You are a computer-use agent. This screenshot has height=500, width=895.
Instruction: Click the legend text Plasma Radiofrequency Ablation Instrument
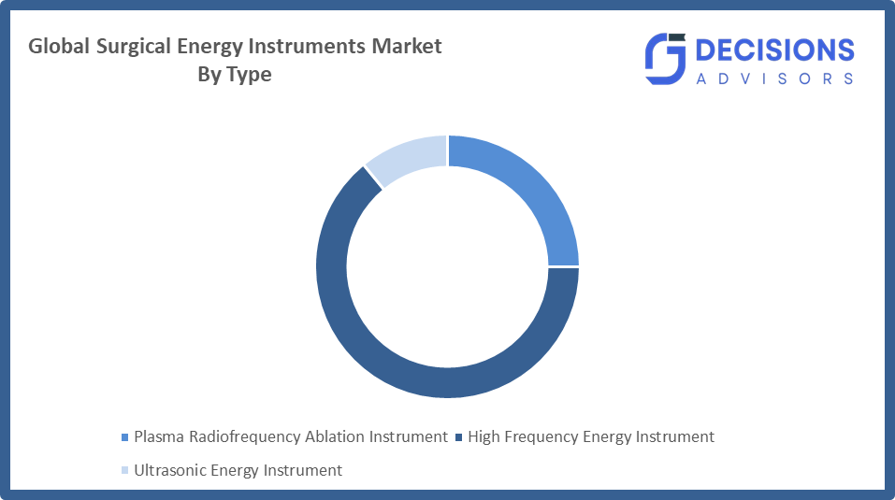click(x=291, y=436)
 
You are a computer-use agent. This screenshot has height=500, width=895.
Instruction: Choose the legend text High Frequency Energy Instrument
click(x=591, y=436)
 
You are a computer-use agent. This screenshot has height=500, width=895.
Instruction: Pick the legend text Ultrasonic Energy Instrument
click(x=238, y=470)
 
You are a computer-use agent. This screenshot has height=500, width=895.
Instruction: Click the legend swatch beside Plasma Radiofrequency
click(x=125, y=437)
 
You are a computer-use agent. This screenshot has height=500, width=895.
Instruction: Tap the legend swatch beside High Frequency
click(x=458, y=437)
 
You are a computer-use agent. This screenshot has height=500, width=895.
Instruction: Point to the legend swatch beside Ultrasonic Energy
click(x=125, y=471)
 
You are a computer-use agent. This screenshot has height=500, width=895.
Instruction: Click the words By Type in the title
click(x=234, y=75)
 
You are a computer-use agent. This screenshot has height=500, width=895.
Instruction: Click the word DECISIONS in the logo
click(x=775, y=50)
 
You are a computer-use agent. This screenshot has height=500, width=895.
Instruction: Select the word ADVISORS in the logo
click(x=775, y=79)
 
